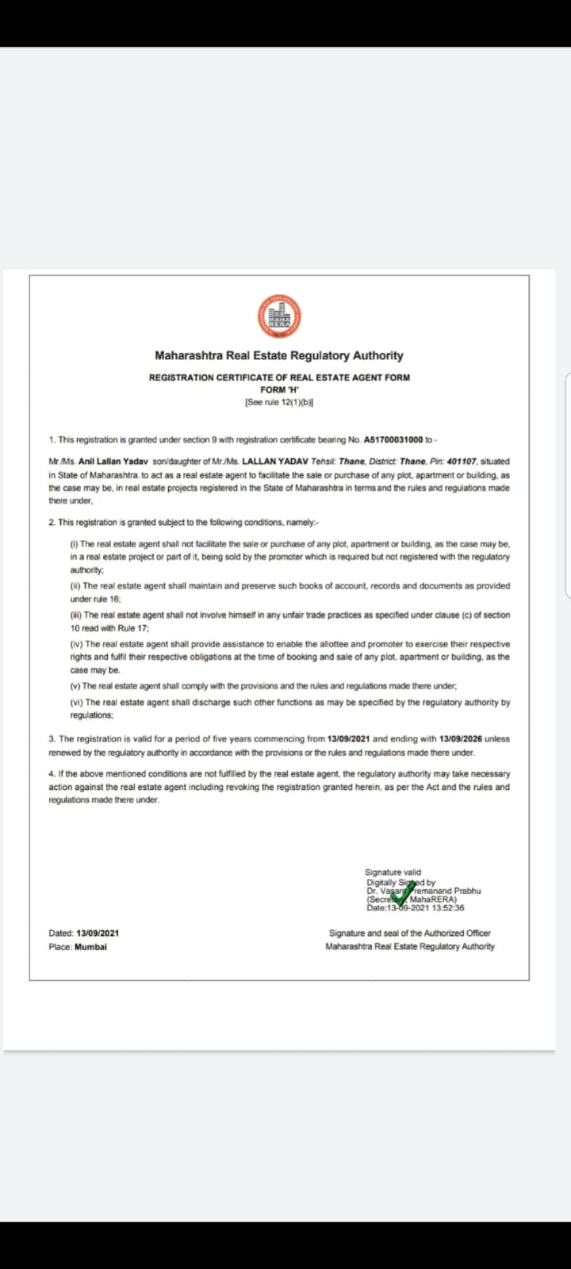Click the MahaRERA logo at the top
(279, 316)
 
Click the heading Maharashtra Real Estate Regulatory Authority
(279, 356)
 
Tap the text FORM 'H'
(279, 390)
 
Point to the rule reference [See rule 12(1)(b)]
(279, 403)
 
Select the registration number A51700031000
(393, 439)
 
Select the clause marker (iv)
(77, 644)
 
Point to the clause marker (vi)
(77, 703)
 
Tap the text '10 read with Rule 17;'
(110, 628)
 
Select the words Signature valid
(393, 872)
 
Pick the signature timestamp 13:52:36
(448, 908)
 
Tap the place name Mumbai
(90, 947)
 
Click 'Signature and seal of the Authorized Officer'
(410, 934)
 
